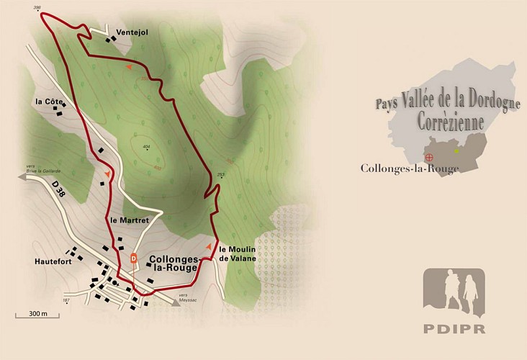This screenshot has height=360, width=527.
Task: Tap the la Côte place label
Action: (x=48, y=102)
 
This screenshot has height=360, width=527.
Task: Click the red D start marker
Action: (x=133, y=258)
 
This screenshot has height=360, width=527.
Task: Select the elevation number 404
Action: (x=146, y=147)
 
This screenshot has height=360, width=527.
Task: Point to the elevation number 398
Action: (x=37, y=8)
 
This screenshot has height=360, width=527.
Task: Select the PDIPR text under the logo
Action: (x=454, y=330)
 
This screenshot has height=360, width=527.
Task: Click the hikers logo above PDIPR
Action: (x=454, y=292)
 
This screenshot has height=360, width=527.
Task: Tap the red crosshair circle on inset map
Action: (x=430, y=157)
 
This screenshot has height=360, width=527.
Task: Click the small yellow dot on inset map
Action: (x=456, y=150)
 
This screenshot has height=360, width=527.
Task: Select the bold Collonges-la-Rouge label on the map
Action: (x=172, y=263)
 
